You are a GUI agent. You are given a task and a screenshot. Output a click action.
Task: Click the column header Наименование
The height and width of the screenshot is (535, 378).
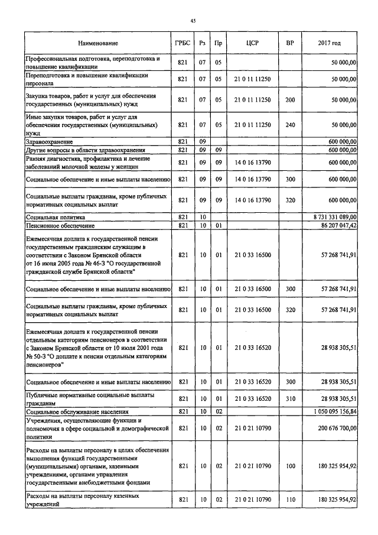pyautogui.click(x=97, y=43)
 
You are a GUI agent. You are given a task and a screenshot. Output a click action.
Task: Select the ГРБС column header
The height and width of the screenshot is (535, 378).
pyautogui.click(x=183, y=43)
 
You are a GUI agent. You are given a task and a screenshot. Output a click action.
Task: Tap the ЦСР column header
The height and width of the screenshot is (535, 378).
pyautogui.click(x=252, y=43)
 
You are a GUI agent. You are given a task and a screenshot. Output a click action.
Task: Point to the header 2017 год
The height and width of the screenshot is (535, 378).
pyautogui.click(x=328, y=43)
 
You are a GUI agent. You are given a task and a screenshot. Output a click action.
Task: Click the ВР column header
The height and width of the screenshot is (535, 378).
pyautogui.click(x=289, y=43)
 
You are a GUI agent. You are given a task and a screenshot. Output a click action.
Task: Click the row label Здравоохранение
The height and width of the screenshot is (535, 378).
pyautogui.click(x=49, y=142)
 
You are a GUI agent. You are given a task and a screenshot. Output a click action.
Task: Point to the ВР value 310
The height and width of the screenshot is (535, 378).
pyautogui.click(x=289, y=399)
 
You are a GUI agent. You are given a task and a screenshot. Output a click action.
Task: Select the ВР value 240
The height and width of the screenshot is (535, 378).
pyautogui.click(x=289, y=125)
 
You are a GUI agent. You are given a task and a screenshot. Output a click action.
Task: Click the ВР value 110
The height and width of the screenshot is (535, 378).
pyautogui.click(x=289, y=500)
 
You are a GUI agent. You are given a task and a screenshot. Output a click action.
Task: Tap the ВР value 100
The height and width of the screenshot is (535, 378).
pyautogui.click(x=289, y=466)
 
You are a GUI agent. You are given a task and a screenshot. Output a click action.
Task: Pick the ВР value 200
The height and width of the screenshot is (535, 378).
pyautogui.click(x=289, y=100)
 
